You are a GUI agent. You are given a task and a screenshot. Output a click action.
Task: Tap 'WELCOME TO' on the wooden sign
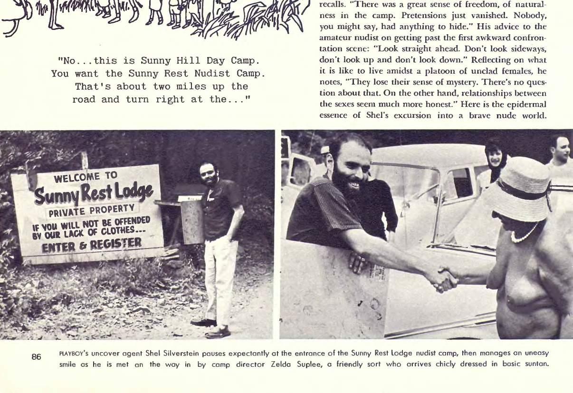pos(86,177)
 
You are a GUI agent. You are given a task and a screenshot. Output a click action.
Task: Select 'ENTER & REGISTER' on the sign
pos(91,245)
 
